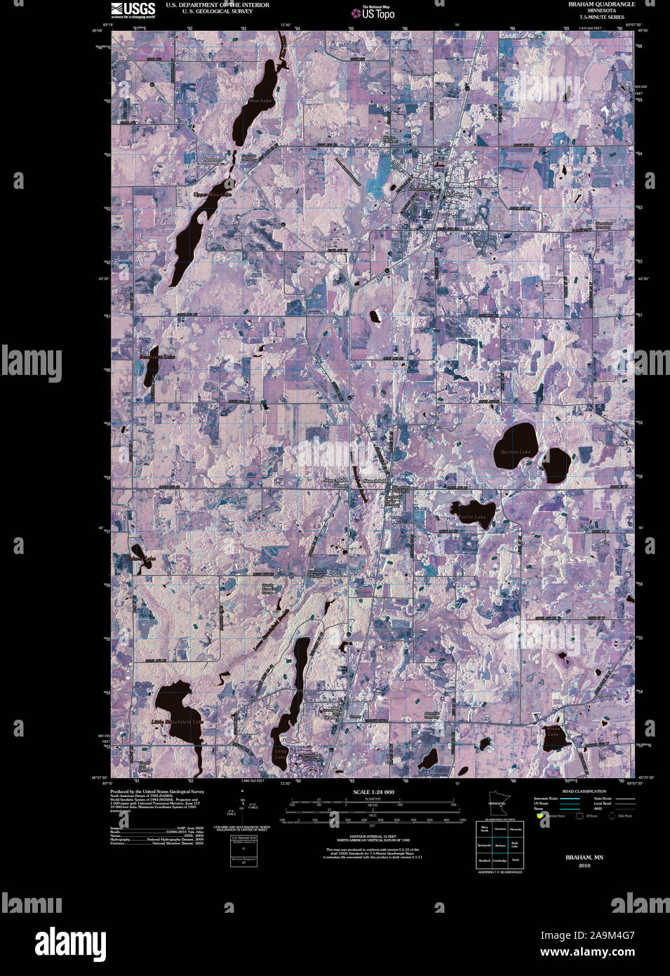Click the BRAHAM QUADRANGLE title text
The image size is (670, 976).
click(601, 4)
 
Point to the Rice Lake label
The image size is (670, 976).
click(260, 101)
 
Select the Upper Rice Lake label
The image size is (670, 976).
click(212, 194)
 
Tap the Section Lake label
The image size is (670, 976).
click(516, 452)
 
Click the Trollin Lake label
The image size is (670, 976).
click(471, 517)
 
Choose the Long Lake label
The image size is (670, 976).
click(280, 754)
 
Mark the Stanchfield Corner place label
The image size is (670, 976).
click(335, 483)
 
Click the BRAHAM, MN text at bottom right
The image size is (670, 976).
click(584, 858)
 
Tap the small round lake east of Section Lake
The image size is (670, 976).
click(556, 464)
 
